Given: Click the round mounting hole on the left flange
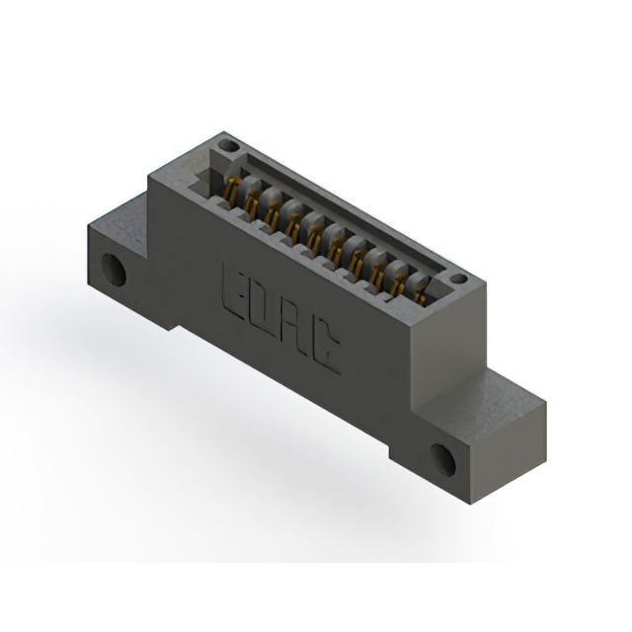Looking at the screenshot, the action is tap(114, 270).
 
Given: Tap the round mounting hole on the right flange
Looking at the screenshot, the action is tap(443, 459).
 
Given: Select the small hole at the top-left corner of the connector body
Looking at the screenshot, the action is tap(228, 145).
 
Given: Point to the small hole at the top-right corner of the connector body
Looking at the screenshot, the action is tap(458, 278).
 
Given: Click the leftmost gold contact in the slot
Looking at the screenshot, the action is tap(230, 189).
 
